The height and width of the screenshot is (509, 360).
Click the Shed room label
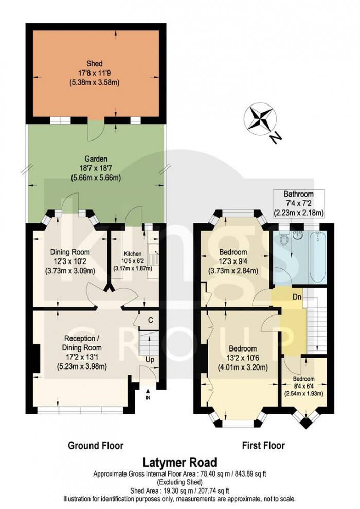95,63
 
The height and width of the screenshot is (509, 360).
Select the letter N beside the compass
275,138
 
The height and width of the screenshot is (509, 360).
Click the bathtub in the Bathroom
317,257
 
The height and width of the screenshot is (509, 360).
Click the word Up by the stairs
150,360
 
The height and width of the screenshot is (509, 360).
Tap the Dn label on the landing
297,296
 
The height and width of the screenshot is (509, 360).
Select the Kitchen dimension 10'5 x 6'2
132,261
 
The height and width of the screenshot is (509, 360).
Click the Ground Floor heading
96,445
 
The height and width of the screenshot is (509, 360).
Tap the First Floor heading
264,445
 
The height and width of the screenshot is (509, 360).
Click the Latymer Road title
180,462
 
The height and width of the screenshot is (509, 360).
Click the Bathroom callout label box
299,203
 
